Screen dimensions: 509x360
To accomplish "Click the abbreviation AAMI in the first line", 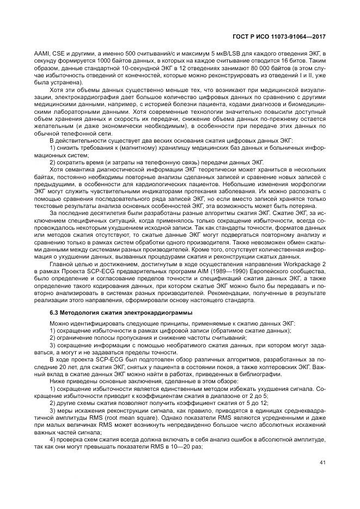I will pos(42,54).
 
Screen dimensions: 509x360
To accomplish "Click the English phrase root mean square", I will pos(123,413).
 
